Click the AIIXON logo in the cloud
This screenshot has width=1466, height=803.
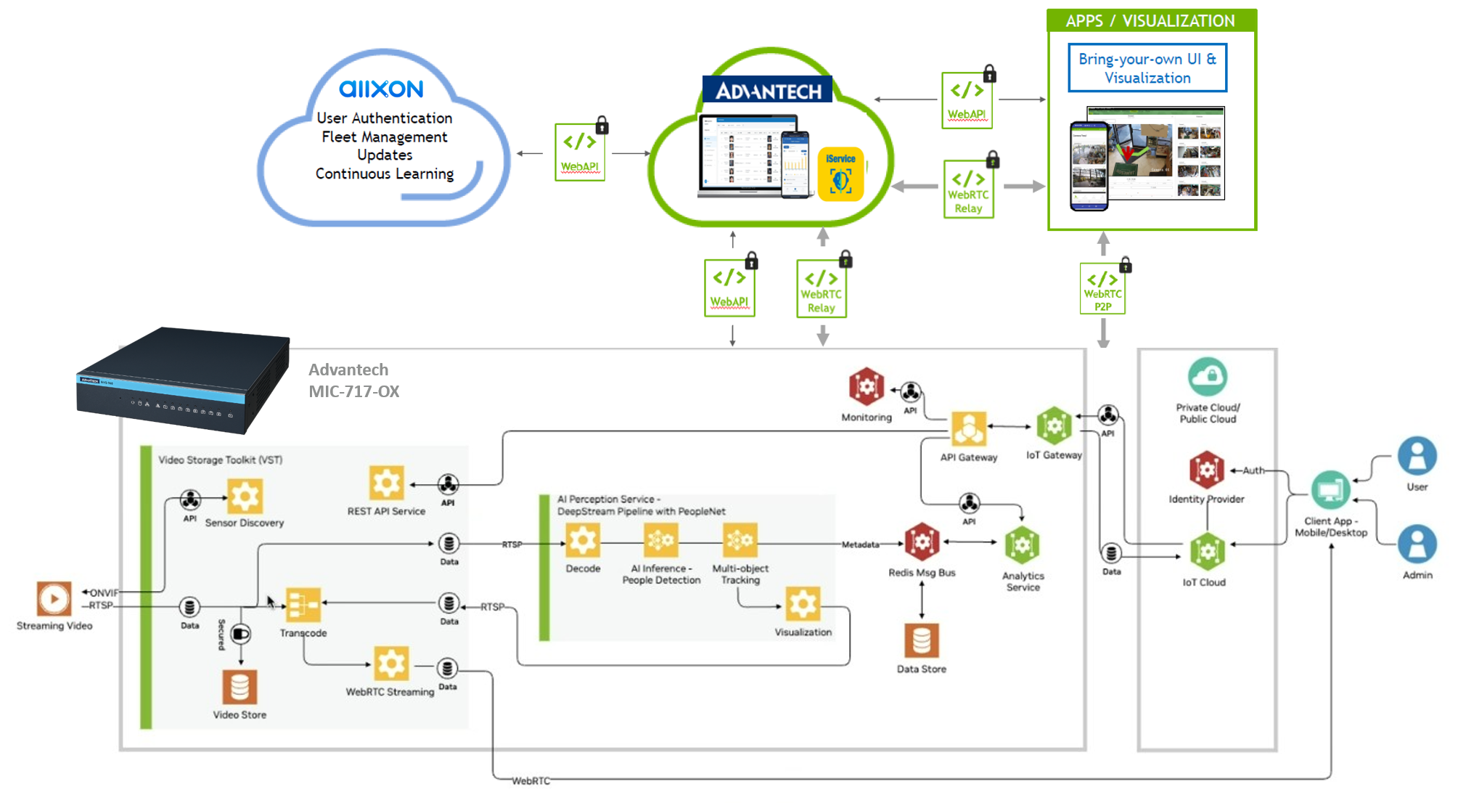381,89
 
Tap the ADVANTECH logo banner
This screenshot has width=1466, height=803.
768,90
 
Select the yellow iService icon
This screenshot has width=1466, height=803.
840,175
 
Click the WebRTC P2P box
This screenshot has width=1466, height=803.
1102,289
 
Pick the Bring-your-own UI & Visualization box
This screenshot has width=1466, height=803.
1147,68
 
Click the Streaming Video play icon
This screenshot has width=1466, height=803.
54,599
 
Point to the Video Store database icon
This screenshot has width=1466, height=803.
239,687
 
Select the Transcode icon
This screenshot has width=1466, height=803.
303,605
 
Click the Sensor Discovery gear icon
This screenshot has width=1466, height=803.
245,497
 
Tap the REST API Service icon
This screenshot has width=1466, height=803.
386,484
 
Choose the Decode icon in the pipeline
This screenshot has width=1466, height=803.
583,541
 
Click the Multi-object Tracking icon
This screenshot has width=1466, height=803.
740,541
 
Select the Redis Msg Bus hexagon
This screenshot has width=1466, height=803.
922,542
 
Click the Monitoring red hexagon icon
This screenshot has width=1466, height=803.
867,387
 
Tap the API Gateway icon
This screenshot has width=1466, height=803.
969,429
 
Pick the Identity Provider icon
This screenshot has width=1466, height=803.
1206,470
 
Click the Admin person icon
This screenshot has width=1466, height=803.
1417,545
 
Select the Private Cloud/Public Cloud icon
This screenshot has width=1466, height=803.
1208,377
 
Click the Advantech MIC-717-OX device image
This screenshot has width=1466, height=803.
184,380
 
